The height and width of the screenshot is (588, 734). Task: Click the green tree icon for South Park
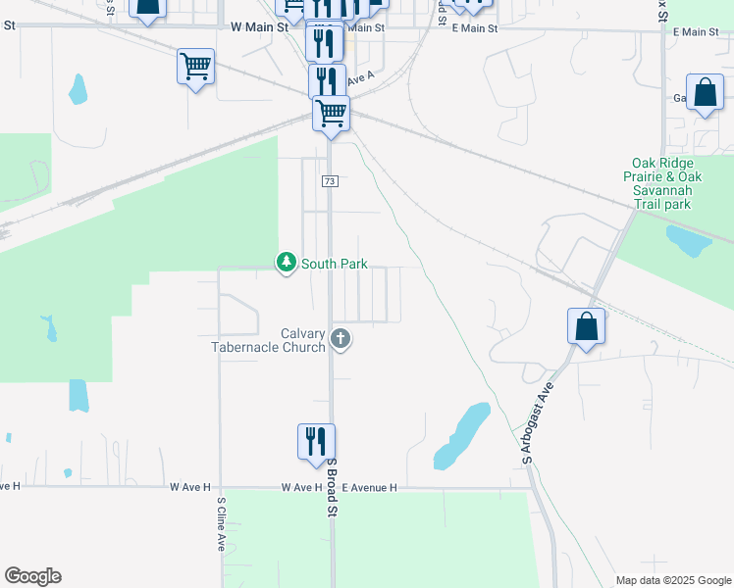point(286,263)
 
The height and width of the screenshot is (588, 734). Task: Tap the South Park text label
point(335,264)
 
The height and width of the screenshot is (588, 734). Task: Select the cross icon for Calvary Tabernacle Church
point(341,340)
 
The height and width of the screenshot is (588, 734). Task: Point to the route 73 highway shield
point(330,182)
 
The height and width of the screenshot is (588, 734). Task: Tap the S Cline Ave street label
point(221,524)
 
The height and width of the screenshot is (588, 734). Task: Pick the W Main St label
point(259,28)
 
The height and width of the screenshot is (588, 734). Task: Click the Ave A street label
point(361,77)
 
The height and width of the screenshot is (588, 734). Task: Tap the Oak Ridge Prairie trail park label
point(663,183)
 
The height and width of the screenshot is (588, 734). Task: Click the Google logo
point(32,576)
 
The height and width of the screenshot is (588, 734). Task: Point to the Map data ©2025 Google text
point(672,580)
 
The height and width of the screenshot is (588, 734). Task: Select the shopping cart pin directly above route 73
point(332,114)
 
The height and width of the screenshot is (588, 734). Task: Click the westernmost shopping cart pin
point(195,68)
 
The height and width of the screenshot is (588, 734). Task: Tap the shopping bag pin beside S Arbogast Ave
point(586,326)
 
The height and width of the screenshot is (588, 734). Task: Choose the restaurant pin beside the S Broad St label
point(316,441)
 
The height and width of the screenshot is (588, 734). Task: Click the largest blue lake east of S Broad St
point(461,435)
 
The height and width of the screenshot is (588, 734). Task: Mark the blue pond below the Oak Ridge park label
point(689,239)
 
